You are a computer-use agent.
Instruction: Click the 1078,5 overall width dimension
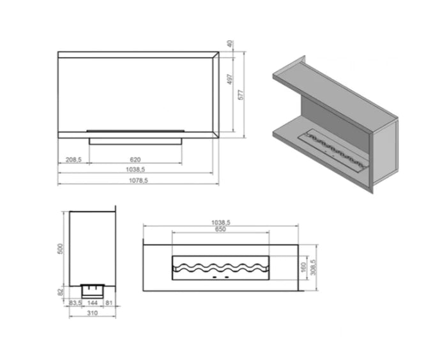point(139,181)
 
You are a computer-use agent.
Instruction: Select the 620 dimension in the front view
point(135,160)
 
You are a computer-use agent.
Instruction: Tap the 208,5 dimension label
point(73,160)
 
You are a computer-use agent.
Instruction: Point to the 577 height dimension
point(241,94)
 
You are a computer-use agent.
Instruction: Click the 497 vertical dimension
point(231,79)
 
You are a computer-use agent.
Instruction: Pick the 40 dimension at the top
point(231,44)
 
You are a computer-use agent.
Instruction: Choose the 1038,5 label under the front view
point(135,169)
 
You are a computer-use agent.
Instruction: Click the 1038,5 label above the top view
point(221,222)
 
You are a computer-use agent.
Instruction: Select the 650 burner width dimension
point(220,229)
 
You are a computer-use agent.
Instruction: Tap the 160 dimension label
point(303,267)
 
